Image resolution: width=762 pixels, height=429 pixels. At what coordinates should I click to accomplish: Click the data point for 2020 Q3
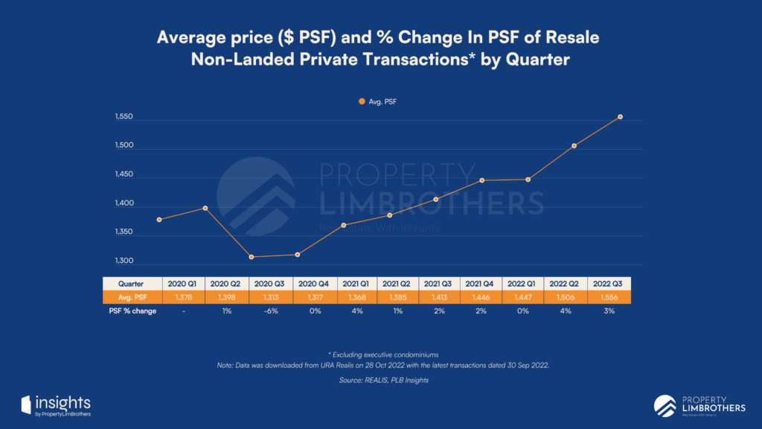[x=252, y=257]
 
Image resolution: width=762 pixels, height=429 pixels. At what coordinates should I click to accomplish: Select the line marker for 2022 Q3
[x=620, y=117]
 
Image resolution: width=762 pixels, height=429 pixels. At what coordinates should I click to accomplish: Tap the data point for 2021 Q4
[x=481, y=180]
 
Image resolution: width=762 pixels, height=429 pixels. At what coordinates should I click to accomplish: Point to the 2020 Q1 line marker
[x=159, y=220]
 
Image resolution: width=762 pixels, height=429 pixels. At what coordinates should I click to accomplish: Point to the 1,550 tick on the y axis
[x=124, y=118]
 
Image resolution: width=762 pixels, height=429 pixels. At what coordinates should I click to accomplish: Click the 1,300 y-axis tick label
[x=124, y=261]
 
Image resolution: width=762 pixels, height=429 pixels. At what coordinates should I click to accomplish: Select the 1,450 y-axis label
[x=124, y=175]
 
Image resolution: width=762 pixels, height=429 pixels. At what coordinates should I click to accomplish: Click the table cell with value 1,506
[x=566, y=297]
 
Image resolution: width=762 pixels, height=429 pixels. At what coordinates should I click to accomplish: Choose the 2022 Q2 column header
[x=566, y=283]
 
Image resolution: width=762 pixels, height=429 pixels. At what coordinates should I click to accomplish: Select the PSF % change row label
[x=131, y=311]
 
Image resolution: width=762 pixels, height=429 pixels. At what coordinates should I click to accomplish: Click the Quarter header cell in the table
[x=131, y=283]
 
